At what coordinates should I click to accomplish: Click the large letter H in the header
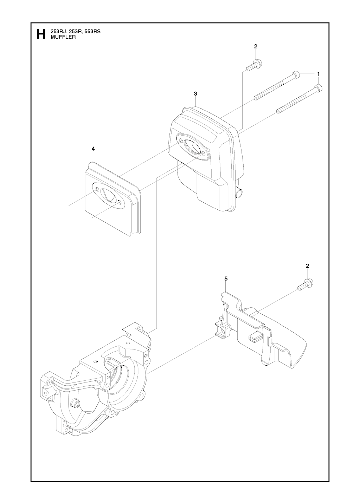click(40, 34)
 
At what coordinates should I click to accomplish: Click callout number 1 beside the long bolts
click(319, 74)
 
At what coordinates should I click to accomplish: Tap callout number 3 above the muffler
click(195, 94)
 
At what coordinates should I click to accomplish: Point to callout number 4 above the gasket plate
click(93, 149)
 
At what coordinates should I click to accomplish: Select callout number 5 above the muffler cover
click(226, 279)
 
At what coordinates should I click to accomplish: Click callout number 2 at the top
click(256, 46)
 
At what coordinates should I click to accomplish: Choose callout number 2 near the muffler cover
click(307, 266)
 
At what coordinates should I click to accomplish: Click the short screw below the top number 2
click(255, 66)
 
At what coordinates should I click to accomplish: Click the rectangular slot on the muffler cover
click(255, 337)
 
